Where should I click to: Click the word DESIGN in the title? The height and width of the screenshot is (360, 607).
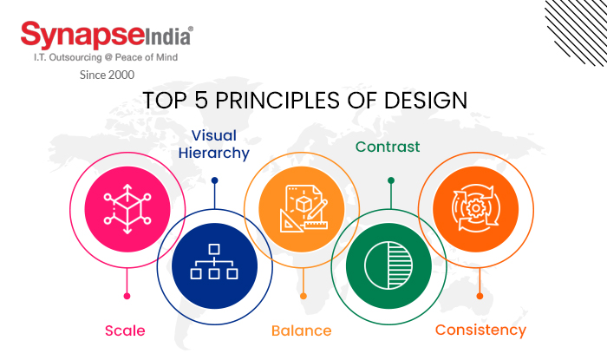[424, 100]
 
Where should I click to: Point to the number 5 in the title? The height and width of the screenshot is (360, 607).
[201, 100]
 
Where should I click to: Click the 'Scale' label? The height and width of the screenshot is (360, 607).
[125, 331]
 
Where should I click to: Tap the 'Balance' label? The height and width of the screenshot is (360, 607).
[301, 331]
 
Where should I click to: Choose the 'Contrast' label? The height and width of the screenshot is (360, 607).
[388, 147]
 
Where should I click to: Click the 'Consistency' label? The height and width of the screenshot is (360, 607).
[480, 330]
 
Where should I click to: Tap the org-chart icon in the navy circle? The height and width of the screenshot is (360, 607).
[214, 263]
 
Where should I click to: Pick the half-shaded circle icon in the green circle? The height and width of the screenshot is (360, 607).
[389, 264]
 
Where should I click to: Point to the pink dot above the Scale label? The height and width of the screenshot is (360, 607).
[127, 296]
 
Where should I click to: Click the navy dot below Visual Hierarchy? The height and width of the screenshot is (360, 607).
[214, 180]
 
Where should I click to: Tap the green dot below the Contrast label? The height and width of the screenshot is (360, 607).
[390, 180]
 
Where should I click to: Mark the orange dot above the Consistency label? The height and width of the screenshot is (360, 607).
[480, 296]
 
